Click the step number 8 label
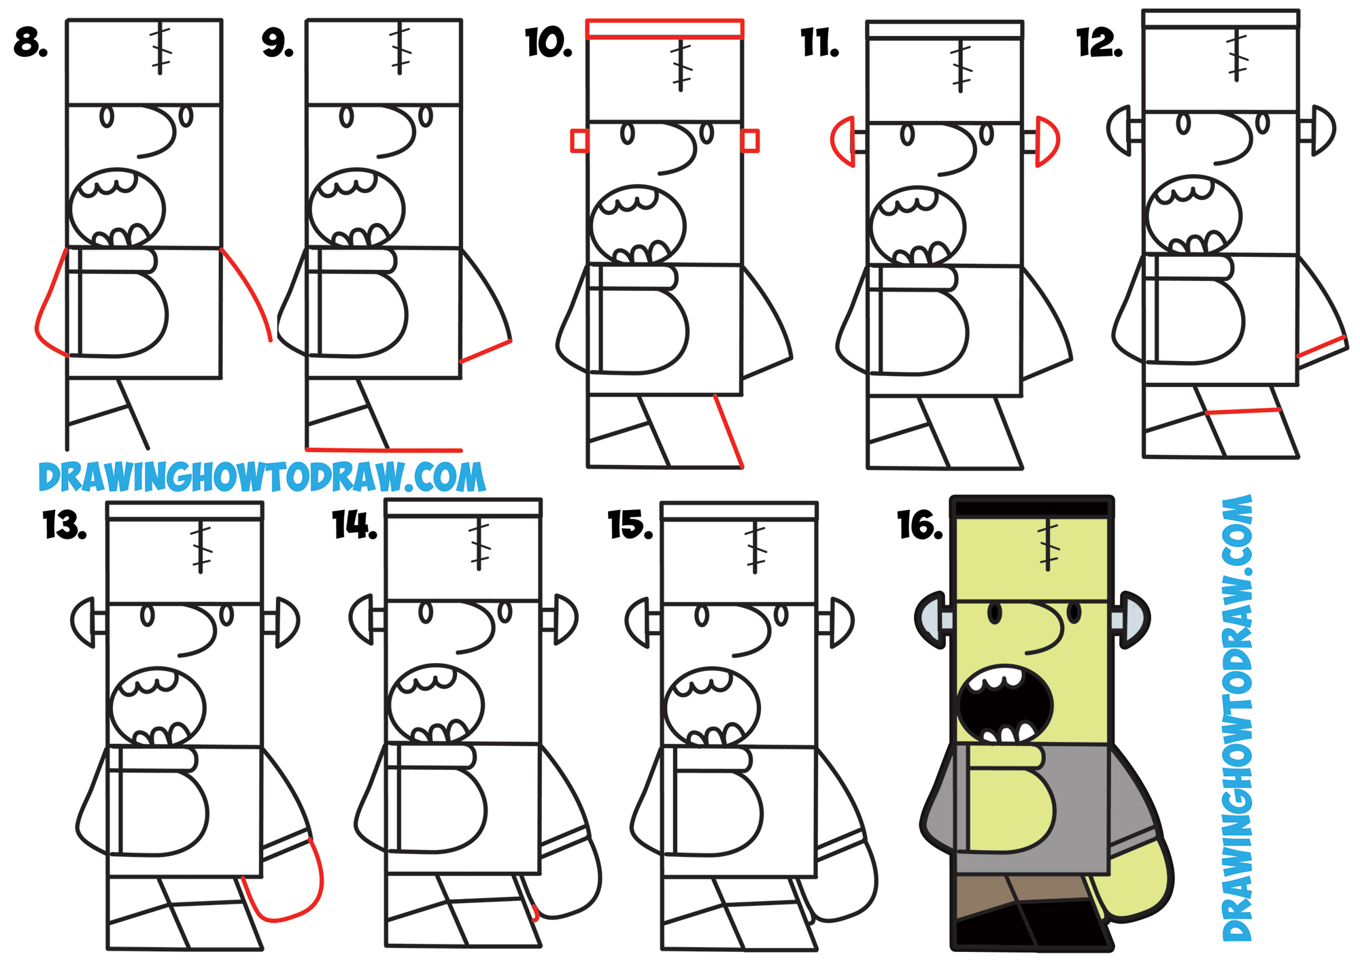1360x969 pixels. pos(31,42)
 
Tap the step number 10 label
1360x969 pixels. pos(548,44)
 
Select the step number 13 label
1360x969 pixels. pos(65,526)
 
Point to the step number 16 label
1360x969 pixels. pos(919,526)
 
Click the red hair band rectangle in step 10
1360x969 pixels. pos(664,29)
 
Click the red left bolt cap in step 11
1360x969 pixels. pos(842,141)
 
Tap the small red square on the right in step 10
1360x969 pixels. pos(749,141)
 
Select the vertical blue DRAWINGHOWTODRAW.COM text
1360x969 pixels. pos(1237,717)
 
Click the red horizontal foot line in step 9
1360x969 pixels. pos(384,449)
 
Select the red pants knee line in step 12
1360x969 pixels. pos(1243,411)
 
